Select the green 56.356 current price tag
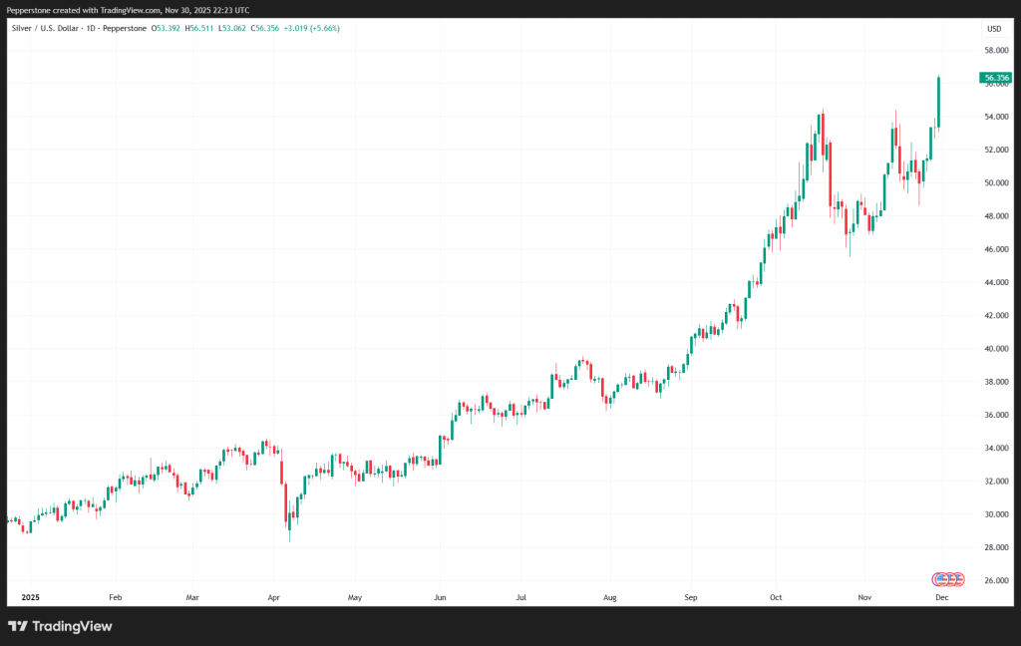coord(995,77)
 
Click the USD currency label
coord(994,28)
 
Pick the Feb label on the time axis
coord(115,597)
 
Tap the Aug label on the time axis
coord(610,597)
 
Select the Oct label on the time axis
coord(776,597)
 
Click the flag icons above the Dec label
coord(947,578)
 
